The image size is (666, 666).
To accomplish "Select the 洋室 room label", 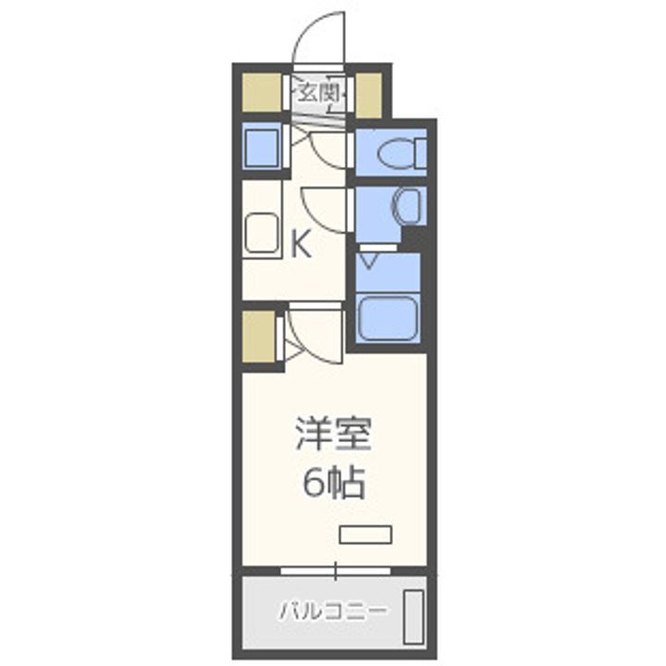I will click(x=332, y=435).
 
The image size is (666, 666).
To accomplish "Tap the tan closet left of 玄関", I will click(x=260, y=93).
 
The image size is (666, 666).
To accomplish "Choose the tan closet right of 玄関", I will click(x=368, y=93).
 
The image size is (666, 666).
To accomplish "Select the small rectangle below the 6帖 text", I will click(x=365, y=535).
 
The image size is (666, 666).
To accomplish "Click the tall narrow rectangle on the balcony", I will click(x=413, y=611).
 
